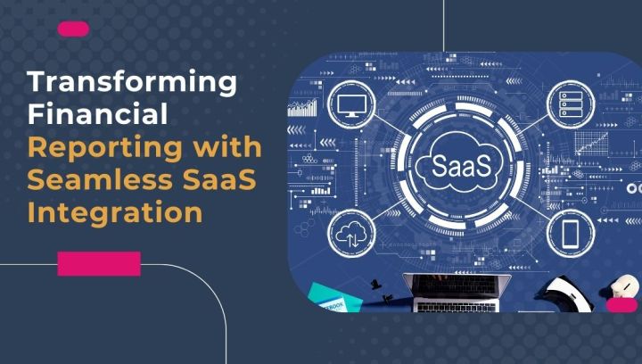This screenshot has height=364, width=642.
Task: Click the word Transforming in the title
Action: [133, 83]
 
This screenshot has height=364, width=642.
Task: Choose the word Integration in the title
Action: [114, 213]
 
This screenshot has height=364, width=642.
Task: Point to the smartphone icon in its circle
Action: [571, 234]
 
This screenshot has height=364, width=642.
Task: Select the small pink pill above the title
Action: [73, 29]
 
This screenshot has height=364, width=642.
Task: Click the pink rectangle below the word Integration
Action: [99, 263]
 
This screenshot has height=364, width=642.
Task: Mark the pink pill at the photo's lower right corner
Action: [621, 305]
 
